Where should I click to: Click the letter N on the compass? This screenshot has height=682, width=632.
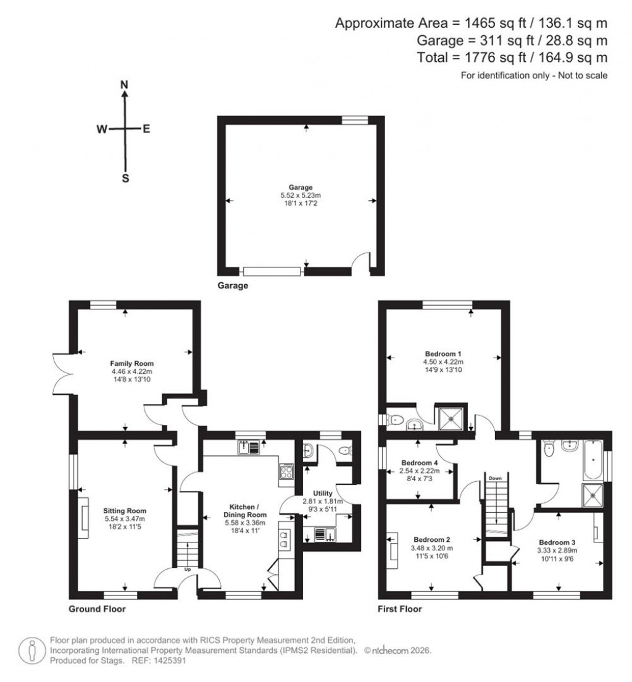coord(125,85)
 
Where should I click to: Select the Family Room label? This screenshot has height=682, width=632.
coord(132,363)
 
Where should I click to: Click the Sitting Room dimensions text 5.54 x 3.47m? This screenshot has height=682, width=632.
coord(125,519)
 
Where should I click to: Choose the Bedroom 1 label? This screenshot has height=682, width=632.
coord(443,353)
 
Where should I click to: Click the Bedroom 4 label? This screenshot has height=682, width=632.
coord(420,463)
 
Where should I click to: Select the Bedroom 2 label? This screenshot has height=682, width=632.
coord(432,539)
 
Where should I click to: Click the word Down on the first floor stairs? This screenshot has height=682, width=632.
coord(495,478)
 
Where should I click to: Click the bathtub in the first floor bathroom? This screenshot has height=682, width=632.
coord(594,460)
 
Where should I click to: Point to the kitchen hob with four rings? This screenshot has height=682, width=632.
coord(286,472)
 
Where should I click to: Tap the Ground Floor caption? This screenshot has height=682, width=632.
coord(97,608)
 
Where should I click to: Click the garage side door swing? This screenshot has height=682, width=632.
coord(361,262)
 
